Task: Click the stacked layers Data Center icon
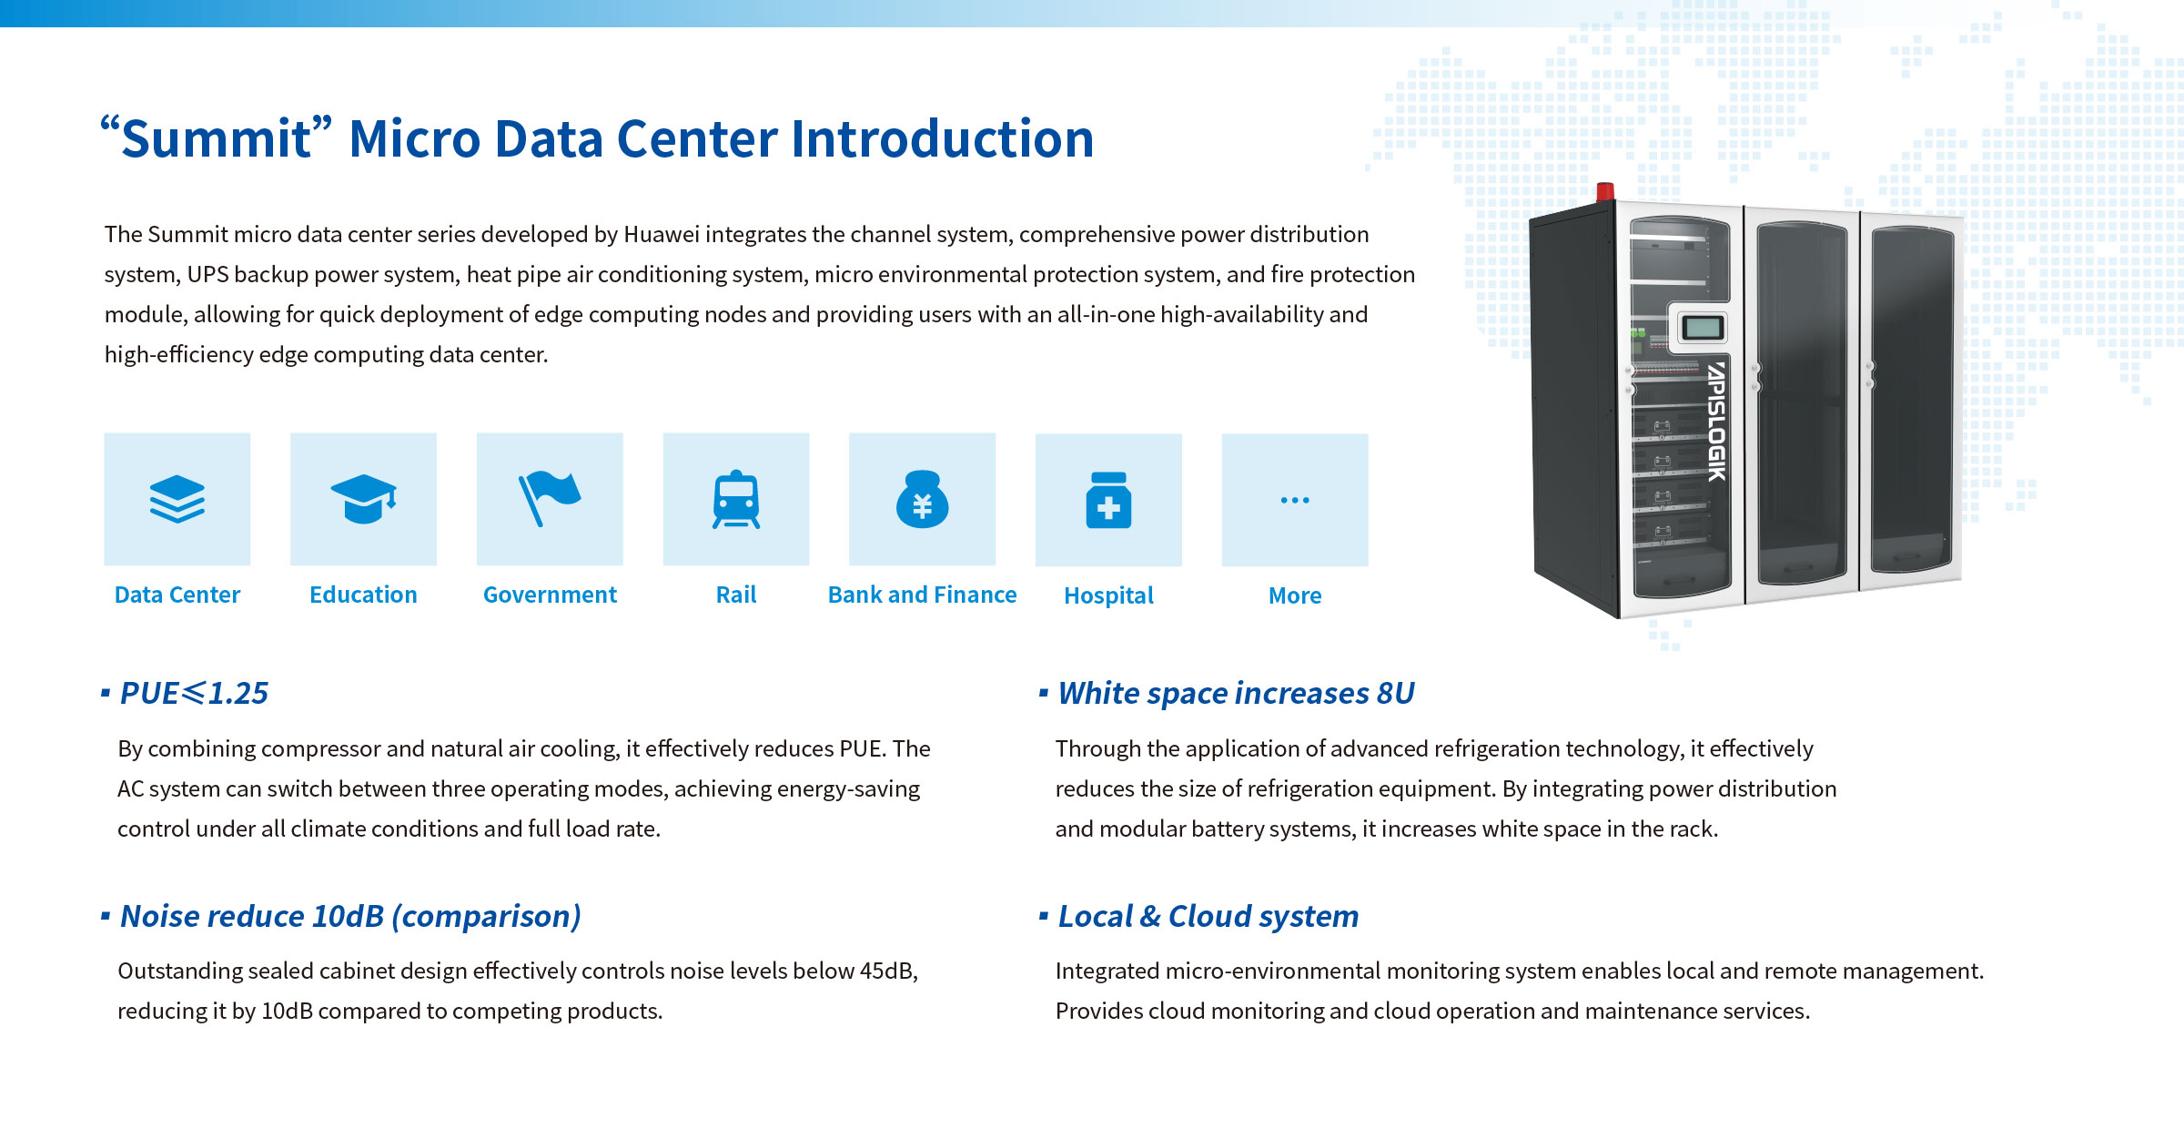click(177, 499)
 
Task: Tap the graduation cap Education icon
click(364, 499)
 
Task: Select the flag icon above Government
click(549, 498)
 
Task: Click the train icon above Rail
click(736, 499)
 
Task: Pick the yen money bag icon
click(922, 499)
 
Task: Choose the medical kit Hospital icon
click(1108, 500)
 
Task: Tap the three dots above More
click(1295, 500)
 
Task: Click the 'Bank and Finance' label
click(922, 595)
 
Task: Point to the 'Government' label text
click(550, 595)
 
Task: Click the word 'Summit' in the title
click(217, 139)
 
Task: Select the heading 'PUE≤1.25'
click(194, 693)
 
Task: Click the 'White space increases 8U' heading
click(1236, 693)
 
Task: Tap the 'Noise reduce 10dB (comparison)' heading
click(350, 916)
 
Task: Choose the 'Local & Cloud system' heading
click(1208, 916)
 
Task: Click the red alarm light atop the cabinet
click(1605, 191)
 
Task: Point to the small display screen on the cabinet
click(1701, 327)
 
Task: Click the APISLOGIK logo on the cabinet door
click(1716, 422)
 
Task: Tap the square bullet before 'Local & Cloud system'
click(1043, 915)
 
